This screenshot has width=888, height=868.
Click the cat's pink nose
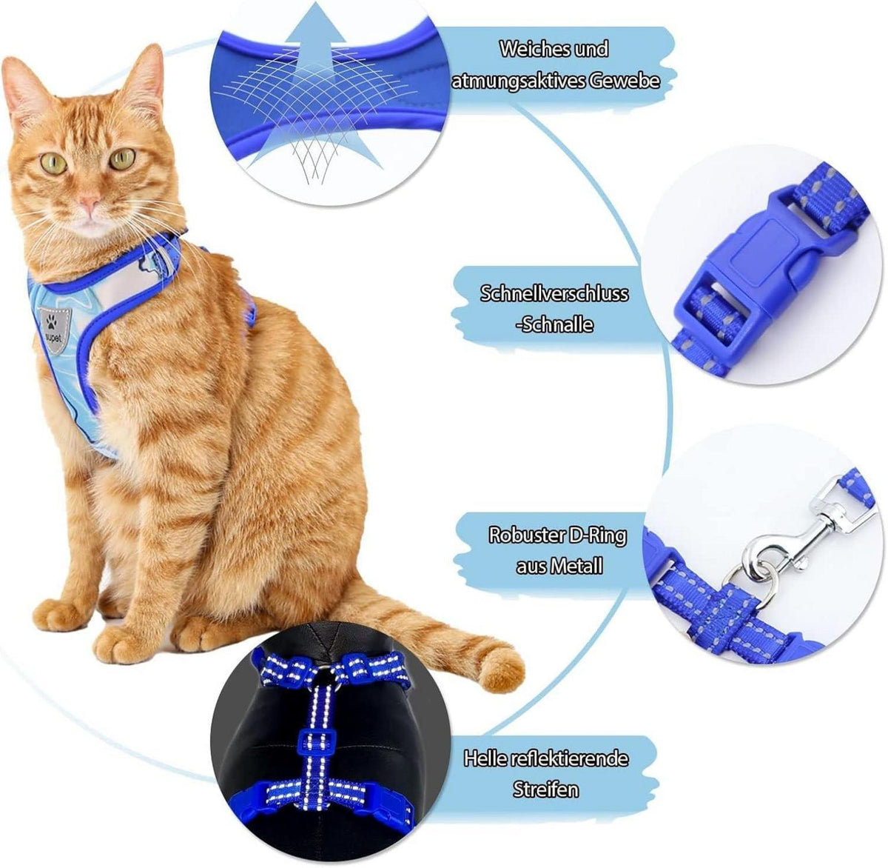89,201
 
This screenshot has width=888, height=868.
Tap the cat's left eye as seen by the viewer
53,163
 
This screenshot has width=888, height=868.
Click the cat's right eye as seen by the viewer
122,159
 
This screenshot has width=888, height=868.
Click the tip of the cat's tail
506,672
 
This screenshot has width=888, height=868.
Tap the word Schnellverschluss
554,293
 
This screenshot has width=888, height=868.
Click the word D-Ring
597,535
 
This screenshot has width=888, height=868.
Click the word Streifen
546,789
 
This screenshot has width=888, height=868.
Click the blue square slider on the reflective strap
317,736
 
